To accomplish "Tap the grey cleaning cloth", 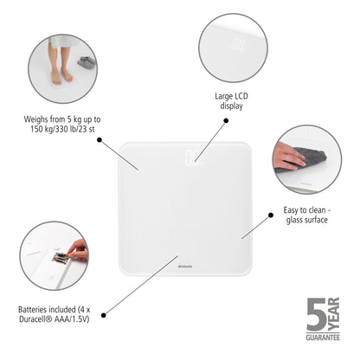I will [309, 157].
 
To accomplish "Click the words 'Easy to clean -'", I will [313, 209].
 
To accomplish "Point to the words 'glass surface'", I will [310, 221].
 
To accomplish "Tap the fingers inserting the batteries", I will [79, 250].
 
